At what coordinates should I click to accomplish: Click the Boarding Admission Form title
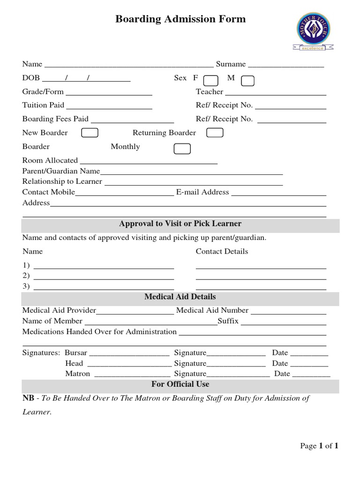click(x=180, y=19)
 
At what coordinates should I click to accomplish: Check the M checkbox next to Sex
click(x=247, y=81)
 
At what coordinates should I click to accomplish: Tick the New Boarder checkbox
click(x=90, y=133)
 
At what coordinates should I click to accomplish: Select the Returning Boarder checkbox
click(x=215, y=133)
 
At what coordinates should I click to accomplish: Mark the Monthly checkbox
click(x=182, y=149)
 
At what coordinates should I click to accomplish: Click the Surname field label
click(x=231, y=64)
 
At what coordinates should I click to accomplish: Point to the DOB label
click(x=31, y=78)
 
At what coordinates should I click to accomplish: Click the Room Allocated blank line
click(x=149, y=161)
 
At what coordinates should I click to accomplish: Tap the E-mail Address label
click(x=202, y=192)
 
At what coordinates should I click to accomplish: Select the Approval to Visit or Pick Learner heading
click(x=180, y=224)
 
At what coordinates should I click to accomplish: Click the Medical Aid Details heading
click(x=180, y=297)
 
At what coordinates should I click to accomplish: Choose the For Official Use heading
click(x=180, y=384)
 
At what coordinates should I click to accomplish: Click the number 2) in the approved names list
click(x=26, y=276)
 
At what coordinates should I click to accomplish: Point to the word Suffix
click(x=228, y=321)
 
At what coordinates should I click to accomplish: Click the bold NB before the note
click(x=28, y=398)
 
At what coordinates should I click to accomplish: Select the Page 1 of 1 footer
click(x=319, y=446)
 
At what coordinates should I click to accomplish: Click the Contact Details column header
click(x=222, y=251)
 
